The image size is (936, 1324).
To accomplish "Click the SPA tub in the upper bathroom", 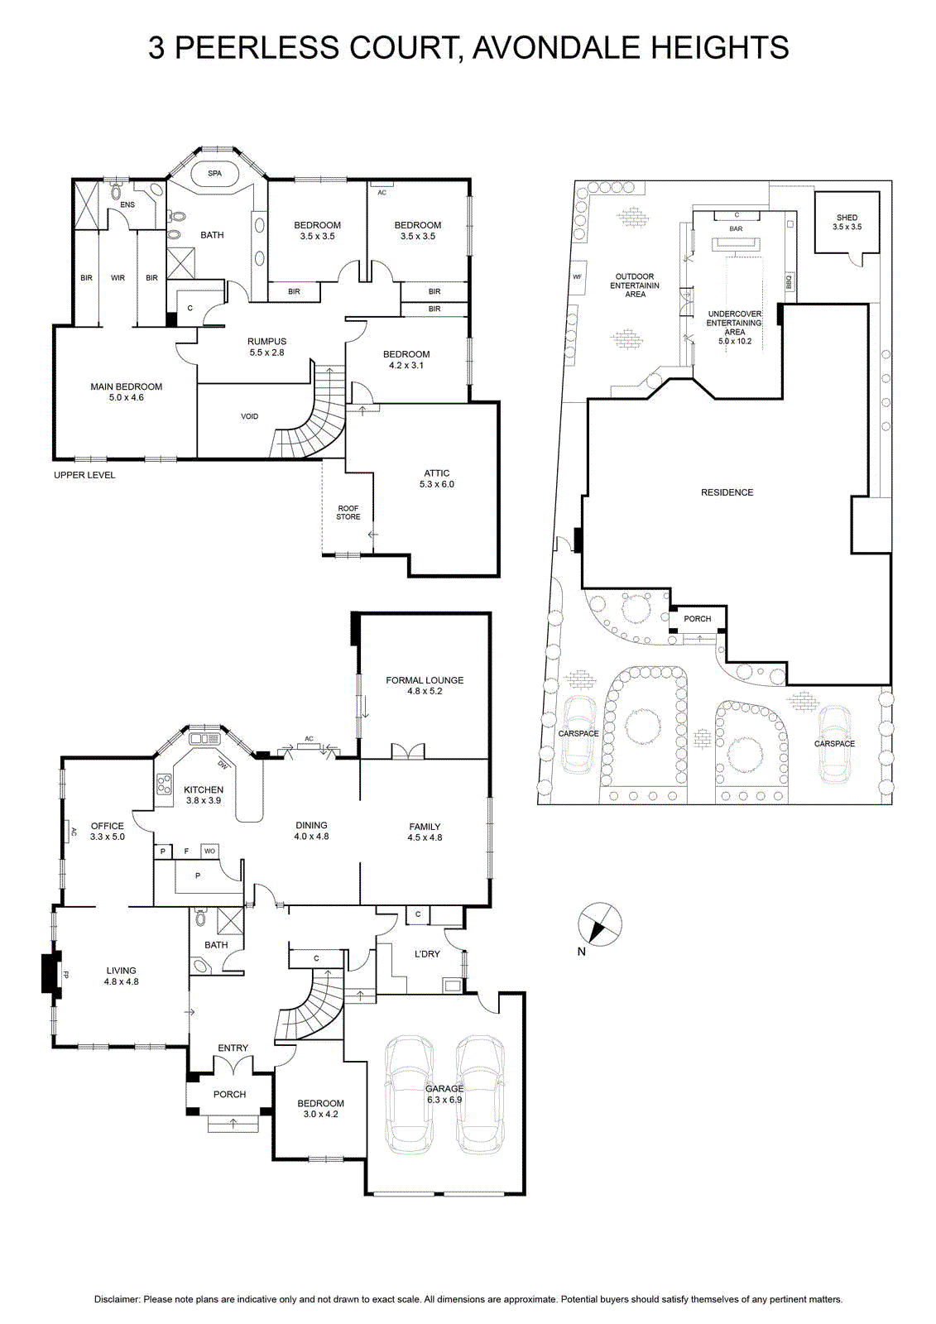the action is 214,174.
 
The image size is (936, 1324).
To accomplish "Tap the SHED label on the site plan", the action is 847,218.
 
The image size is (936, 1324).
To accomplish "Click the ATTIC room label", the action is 436,473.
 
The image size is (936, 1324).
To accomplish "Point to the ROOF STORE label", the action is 348,512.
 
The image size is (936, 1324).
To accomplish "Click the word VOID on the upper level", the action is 250,416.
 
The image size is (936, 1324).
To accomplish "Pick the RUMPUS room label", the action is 266,341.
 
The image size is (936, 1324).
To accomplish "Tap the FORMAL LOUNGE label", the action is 425,680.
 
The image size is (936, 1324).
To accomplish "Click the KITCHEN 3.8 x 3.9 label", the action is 204,795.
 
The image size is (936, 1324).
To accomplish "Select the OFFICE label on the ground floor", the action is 107,826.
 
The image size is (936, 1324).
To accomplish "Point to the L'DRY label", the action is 427,954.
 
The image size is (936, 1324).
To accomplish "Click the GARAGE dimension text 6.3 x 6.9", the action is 444,1100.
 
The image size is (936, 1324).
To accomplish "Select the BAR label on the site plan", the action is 736,228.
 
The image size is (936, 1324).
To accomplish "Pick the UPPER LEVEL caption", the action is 84,475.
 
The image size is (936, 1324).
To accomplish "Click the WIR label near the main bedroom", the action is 118,278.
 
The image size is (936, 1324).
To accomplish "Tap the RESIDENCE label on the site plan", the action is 727,492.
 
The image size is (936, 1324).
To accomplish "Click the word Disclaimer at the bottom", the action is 117,1300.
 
